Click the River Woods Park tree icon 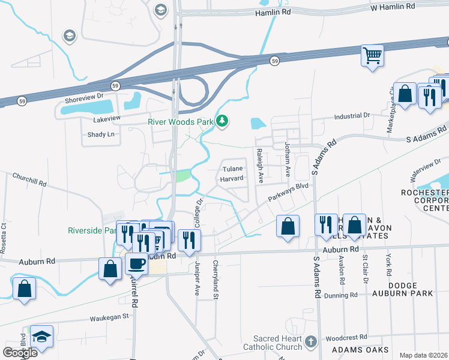(x=223, y=122)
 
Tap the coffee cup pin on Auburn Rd (x=137, y=264)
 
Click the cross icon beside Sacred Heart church (x=310, y=342)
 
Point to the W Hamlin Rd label (x=393, y=6)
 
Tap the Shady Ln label (x=101, y=134)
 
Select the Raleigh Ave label (x=261, y=165)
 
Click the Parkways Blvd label (x=288, y=194)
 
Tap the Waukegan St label (x=109, y=316)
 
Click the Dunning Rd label (x=337, y=295)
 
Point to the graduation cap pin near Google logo (x=41, y=337)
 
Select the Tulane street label (x=232, y=169)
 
